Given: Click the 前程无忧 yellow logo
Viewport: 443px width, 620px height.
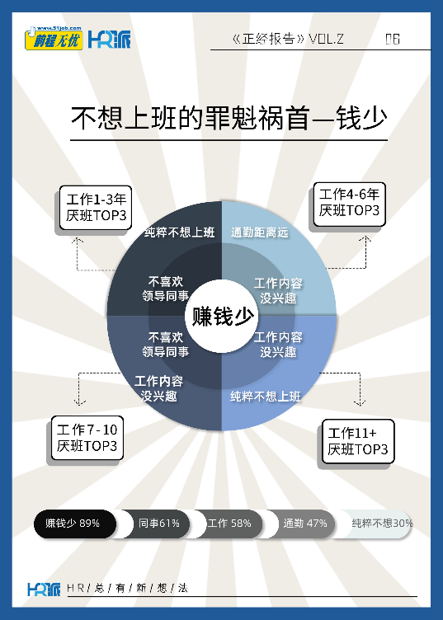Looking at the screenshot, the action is pyautogui.click(x=54, y=39).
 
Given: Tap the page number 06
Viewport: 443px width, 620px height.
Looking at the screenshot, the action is pyautogui.click(x=393, y=39).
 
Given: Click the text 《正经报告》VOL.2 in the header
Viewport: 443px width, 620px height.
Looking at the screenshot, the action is pyautogui.click(x=288, y=39).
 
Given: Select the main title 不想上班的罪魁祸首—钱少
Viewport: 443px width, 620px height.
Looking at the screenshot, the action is pyautogui.click(x=229, y=118).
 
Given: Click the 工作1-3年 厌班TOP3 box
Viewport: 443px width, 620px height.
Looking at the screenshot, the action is pyautogui.click(x=96, y=208).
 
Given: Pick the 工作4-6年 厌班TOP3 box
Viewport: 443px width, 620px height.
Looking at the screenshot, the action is pyautogui.click(x=349, y=204).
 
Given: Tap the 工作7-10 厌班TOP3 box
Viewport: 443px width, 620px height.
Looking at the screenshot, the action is pyautogui.click(x=87, y=438).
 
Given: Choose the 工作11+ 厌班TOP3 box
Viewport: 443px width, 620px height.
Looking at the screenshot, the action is pyautogui.click(x=358, y=441).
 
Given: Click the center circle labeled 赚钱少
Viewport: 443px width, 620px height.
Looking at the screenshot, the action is pyautogui.click(x=222, y=316).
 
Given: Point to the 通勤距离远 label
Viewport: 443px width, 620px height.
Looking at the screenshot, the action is pyautogui.click(x=260, y=233).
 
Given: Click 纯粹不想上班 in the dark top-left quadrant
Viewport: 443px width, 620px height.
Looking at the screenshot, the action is pyautogui.click(x=180, y=233).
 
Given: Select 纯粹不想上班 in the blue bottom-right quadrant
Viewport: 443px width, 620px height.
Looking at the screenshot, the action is pyautogui.click(x=266, y=397).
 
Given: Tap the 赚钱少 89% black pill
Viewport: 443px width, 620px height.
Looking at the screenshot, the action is pyautogui.click(x=75, y=524).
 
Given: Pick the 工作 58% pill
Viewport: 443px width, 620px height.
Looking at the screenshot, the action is pyautogui.click(x=230, y=524).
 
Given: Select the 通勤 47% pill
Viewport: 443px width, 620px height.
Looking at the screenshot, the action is pyautogui.click(x=303, y=524).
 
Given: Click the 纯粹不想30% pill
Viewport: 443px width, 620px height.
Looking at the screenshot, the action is pyautogui.click(x=377, y=524).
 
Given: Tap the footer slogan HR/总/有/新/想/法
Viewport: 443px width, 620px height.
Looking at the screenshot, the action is pyautogui.click(x=127, y=589).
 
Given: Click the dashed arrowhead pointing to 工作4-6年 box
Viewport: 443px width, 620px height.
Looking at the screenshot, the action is pyautogui.click(x=365, y=239).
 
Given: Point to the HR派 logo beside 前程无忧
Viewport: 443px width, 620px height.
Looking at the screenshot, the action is pyautogui.click(x=109, y=39).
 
